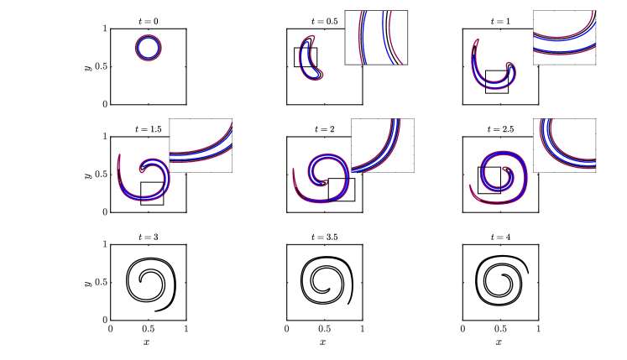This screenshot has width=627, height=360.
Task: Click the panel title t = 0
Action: tap(149, 22)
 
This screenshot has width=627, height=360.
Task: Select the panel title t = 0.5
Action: tap(325, 22)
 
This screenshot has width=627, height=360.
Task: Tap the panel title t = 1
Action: tap(500, 22)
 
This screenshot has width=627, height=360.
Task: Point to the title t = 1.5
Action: tap(149, 129)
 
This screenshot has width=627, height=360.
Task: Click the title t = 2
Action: tap(325, 129)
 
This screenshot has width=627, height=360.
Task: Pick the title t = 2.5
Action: tap(500, 129)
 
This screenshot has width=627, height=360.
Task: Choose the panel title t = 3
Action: tap(149, 237)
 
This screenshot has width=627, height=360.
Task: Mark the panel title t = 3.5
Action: tap(325, 237)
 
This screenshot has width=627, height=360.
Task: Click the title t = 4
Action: tap(500, 237)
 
